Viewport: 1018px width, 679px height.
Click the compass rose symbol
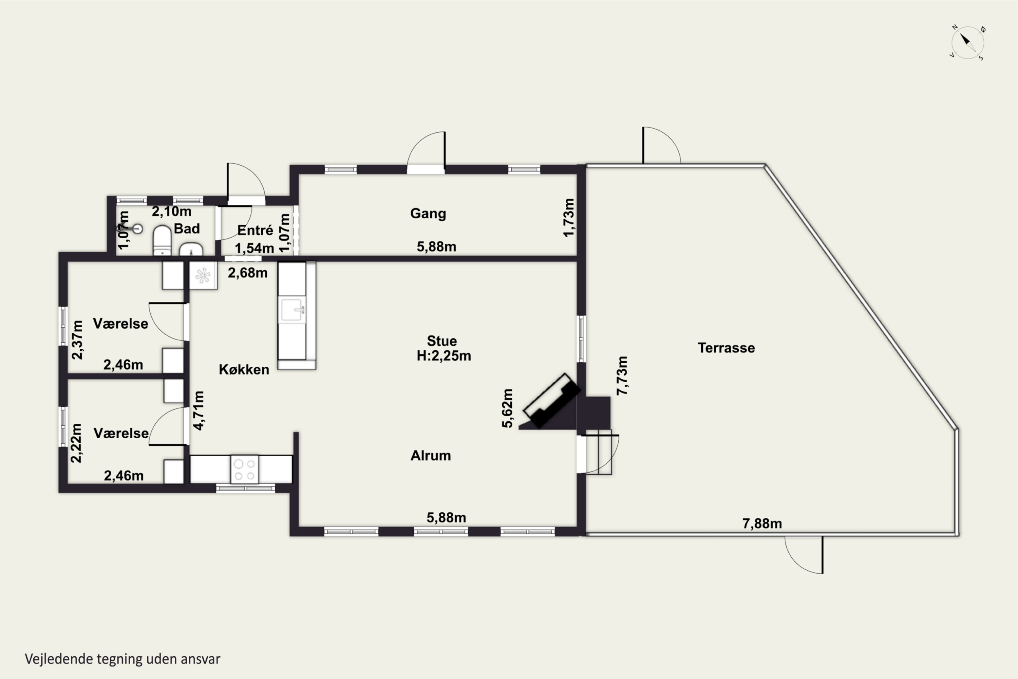[x=967, y=43]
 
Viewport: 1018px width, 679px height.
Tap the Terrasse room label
[x=726, y=348]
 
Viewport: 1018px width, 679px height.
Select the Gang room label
[x=428, y=214]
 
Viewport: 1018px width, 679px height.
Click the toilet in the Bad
[x=162, y=240]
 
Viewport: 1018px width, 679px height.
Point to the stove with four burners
[x=245, y=469]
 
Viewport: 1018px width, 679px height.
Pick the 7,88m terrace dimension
[x=762, y=524]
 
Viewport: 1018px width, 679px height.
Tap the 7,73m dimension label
[x=622, y=375]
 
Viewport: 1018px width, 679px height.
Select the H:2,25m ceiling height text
[x=444, y=355]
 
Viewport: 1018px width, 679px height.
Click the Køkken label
[x=244, y=369]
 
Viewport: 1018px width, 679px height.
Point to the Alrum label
[x=431, y=456]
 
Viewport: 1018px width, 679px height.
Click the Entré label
[x=256, y=230]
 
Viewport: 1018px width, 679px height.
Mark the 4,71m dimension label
[x=198, y=410]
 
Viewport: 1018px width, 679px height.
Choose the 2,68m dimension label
[x=248, y=273]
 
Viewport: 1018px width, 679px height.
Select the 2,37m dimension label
[x=77, y=340]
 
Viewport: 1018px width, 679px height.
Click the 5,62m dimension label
[x=507, y=408]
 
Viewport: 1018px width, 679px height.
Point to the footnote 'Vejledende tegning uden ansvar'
[x=122, y=659]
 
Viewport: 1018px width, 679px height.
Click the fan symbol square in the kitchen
[x=203, y=275]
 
